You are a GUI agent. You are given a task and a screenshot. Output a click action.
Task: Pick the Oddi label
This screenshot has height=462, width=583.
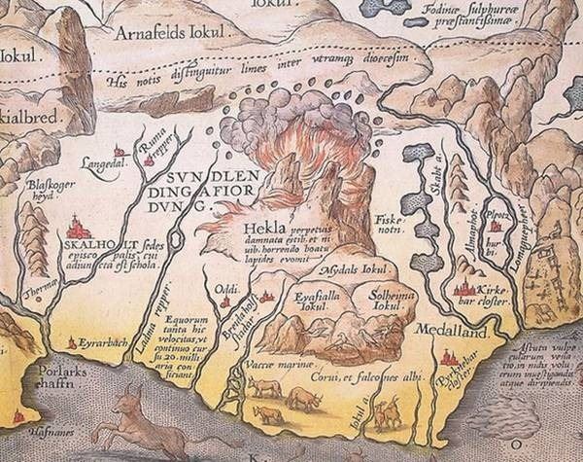click(x=225, y=288)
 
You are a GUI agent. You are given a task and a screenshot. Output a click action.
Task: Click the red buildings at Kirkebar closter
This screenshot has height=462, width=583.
click(x=464, y=289)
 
